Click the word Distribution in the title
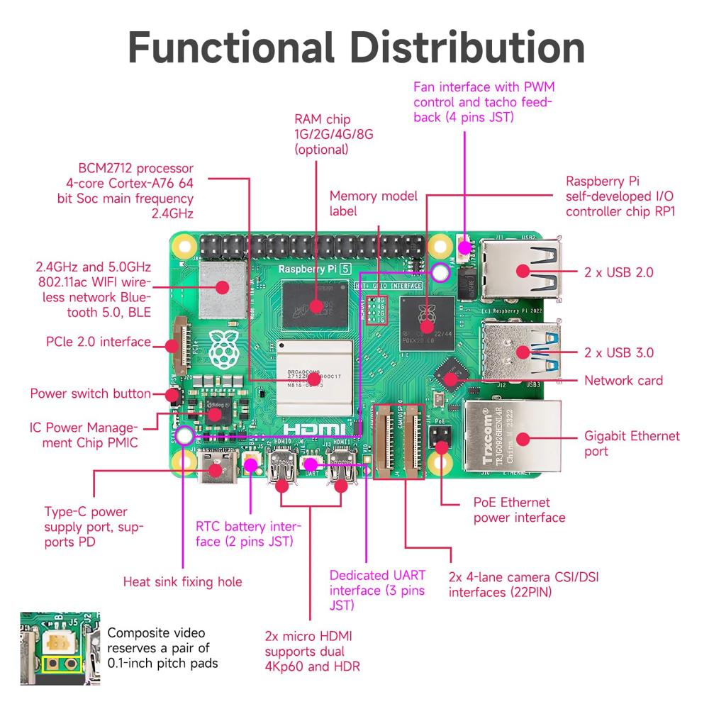pos(469,48)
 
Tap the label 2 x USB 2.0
pos(618,272)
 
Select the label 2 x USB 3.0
pos(618,352)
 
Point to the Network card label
pos(623,381)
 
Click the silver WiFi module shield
pos(222,288)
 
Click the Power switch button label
pos(90,393)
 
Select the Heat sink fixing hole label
pos(182,582)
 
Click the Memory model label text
pos(374,203)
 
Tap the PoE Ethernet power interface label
pos(519,510)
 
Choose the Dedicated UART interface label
pos(377,591)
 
